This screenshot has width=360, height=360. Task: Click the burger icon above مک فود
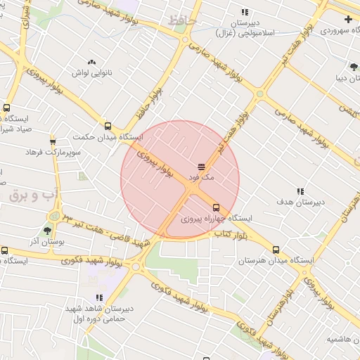click(x=201, y=167)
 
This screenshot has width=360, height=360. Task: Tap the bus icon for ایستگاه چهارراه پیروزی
click(x=216, y=207)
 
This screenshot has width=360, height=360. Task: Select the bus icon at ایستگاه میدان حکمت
click(x=108, y=126)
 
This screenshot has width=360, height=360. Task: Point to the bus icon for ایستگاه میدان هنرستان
click(x=276, y=250)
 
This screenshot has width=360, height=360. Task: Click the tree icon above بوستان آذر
click(x=48, y=230)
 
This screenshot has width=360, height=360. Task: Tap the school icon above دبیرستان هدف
click(x=300, y=191)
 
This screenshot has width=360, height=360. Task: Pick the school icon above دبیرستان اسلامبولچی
click(x=245, y=12)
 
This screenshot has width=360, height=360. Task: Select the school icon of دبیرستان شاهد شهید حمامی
click(x=99, y=298)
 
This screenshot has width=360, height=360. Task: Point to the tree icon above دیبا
click(x=353, y=67)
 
